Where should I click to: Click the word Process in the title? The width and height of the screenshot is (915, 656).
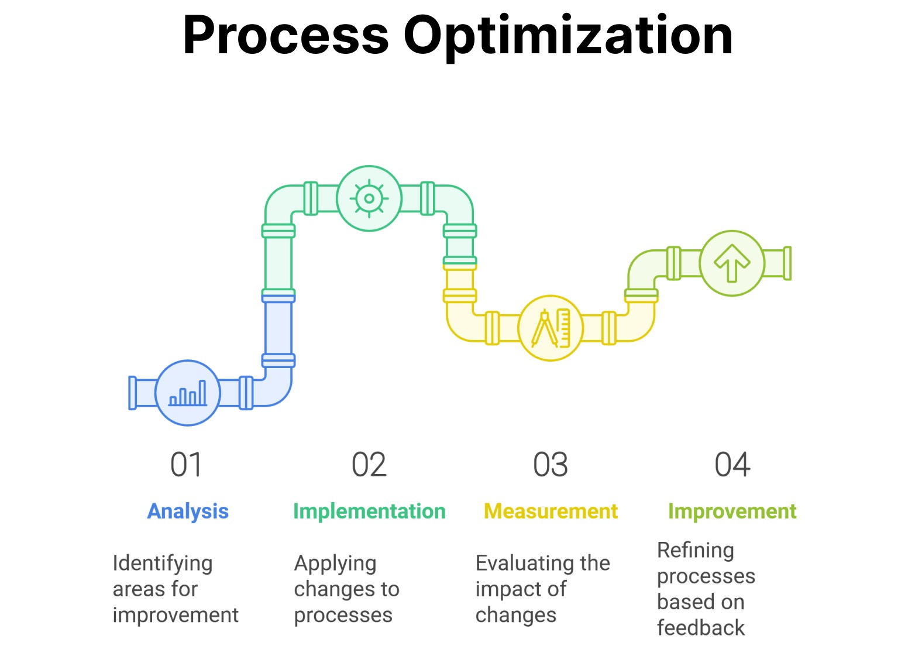point(285,36)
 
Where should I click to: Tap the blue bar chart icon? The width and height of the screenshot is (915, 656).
point(188,393)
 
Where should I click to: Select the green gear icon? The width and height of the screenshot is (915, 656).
point(369,198)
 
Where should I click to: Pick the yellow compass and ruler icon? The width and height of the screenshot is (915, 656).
point(551,328)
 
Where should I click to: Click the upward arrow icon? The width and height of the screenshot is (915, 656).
point(732,263)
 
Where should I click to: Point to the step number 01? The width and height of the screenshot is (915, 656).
point(186,465)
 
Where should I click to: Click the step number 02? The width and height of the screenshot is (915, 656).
point(369,465)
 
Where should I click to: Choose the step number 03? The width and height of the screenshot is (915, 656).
point(551,465)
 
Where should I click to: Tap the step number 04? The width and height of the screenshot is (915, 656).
point(732,465)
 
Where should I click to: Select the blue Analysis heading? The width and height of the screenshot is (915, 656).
point(188,511)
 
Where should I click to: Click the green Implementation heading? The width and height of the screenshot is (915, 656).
point(369,511)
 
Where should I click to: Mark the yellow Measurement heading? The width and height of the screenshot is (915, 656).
point(551,511)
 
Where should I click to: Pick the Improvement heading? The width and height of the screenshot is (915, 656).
point(732,511)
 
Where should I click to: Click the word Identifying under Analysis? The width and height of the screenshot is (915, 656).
point(163,564)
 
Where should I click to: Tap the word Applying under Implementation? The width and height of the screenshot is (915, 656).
point(335,564)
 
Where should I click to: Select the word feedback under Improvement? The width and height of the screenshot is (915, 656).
point(701,628)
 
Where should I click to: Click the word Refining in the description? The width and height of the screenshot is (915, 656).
point(696,550)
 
